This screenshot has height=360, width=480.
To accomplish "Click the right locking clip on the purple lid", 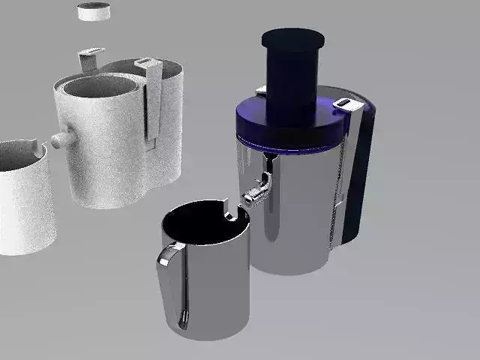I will [344, 103].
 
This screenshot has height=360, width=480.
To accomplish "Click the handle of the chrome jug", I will [173, 285].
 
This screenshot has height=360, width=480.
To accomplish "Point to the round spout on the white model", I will [61, 139].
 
